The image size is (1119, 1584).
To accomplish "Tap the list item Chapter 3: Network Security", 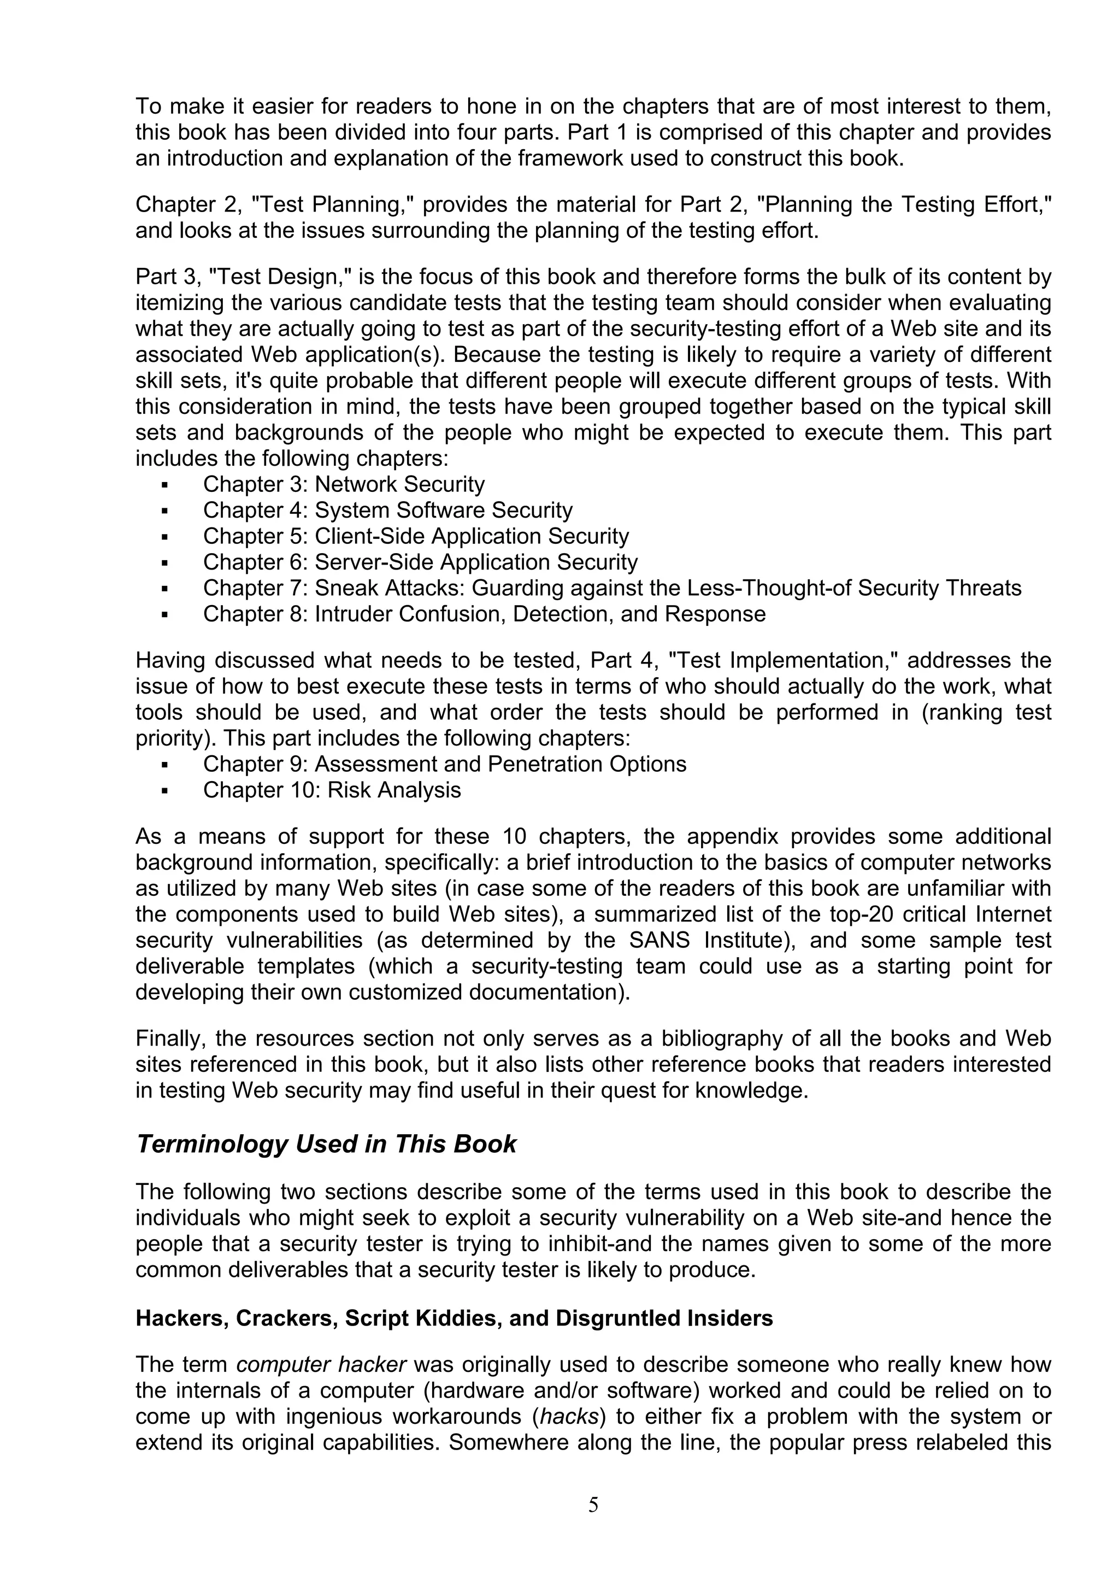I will pos(343,484).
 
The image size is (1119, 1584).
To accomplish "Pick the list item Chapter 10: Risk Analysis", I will pos(332,790).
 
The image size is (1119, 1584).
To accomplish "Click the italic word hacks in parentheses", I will pos(569,1416).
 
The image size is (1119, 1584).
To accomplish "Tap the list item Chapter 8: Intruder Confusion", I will pos(484,614).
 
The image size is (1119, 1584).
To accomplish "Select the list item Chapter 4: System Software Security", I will pos(387,511).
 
